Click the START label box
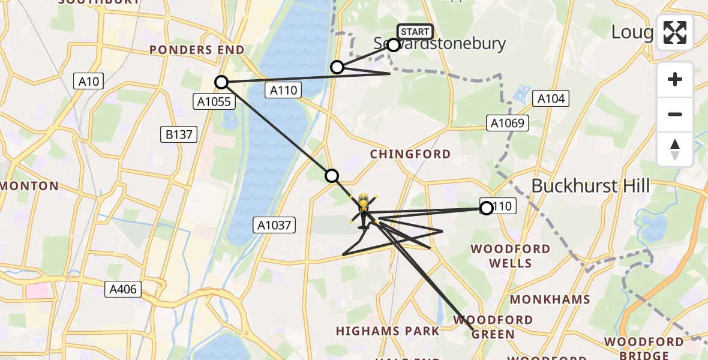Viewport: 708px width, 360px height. tap(415, 32)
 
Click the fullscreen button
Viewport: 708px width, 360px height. tap(675, 32)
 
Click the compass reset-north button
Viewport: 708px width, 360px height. tap(675, 149)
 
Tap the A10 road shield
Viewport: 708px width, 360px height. tap(89, 82)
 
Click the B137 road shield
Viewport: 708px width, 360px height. tap(179, 134)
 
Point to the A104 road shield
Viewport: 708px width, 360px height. tap(551, 99)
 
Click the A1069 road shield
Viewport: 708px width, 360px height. tap(508, 124)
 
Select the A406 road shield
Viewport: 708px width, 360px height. tap(123, 290)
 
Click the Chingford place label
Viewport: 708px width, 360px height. tap(410, 154)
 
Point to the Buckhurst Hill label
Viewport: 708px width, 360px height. tap(590, 186)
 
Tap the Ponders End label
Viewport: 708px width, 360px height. tap(197, 50)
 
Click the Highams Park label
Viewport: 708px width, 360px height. tap(388, 331)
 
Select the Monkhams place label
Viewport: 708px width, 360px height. tap(550, 299)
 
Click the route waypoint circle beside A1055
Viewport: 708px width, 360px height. tap(222, 82)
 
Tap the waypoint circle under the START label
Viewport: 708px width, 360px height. tap(394, 45)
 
